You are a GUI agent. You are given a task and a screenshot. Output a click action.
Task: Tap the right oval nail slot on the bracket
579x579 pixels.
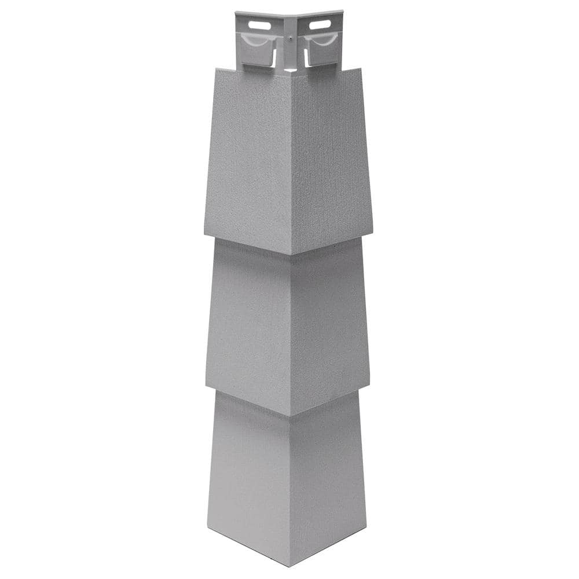coord(320,25)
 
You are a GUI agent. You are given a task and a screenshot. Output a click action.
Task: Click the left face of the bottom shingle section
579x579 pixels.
coord(249,475)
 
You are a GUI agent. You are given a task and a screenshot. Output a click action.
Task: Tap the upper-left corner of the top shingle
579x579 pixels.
coord(216,69)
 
